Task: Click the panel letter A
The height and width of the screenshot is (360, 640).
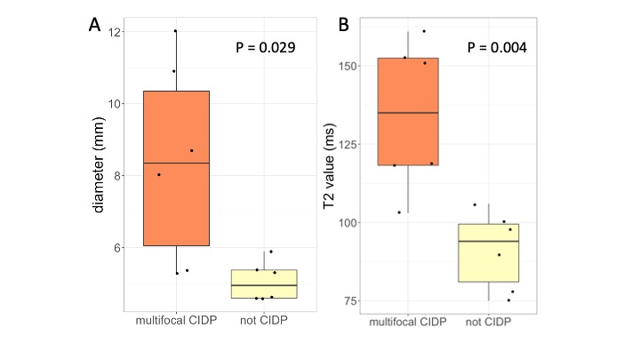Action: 95,25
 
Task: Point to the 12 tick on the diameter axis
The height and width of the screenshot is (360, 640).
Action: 116,32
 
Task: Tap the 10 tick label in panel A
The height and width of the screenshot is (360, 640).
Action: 116,103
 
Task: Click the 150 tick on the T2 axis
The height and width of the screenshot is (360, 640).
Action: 348,66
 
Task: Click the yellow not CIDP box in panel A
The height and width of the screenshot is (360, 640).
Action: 264,284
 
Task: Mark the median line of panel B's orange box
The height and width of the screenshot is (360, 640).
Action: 408,113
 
